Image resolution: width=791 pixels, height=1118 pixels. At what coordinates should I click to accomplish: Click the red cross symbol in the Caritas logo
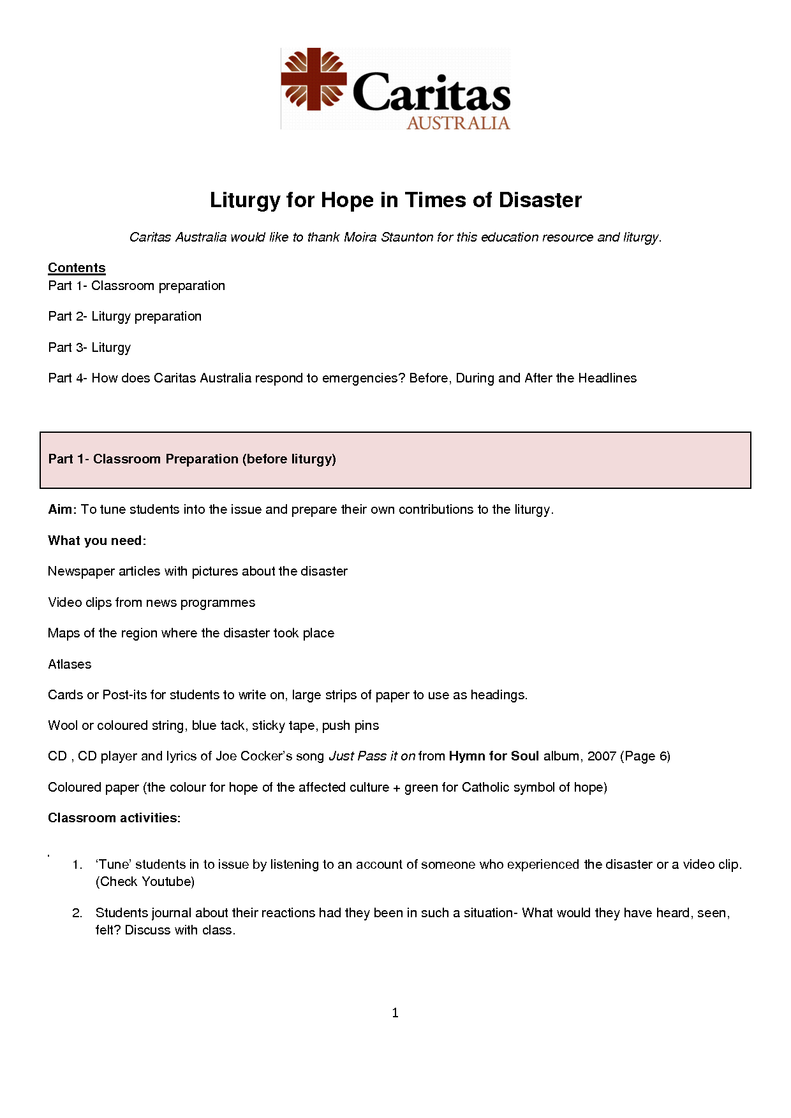point(314,79)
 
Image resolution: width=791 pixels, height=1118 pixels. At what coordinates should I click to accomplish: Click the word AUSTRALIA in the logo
point(458,123)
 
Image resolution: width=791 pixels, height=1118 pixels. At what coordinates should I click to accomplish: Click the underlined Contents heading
point(77,268)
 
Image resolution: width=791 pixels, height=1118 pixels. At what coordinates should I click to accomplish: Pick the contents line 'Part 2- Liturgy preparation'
point(124,316)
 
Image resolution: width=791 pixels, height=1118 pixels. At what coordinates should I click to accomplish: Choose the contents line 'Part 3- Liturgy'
point(89,347)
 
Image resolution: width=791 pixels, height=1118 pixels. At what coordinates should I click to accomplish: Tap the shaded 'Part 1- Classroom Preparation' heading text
point(192,459)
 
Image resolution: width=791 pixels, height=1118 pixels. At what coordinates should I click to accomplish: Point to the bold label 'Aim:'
point(62,509)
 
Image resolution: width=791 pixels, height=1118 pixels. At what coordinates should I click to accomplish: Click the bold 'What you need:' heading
point(97,541)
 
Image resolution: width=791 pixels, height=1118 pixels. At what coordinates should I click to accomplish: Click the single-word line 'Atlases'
point(70,664)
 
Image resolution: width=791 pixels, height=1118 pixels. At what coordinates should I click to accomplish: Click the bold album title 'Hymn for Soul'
point(494,756)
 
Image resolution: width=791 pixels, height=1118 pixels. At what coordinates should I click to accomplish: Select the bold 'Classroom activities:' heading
point(114,818)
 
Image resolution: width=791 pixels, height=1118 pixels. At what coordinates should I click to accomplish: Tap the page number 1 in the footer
point(395,1013)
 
